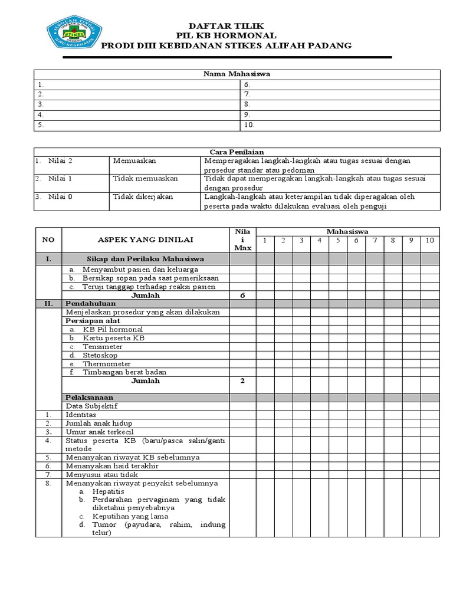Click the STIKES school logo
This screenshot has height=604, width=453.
[74, 35]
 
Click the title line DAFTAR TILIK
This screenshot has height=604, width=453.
[226, 26]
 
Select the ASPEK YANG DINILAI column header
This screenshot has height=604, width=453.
[145, 239]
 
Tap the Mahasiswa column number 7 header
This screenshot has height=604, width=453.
[375, 240]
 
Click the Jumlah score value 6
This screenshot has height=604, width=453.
[242, 295]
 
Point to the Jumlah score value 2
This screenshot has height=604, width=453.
[242, 380]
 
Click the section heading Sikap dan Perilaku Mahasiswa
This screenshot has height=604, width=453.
[145, 259]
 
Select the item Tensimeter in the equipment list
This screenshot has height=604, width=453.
[103, 347]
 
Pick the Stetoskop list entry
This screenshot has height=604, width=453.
[100, 355]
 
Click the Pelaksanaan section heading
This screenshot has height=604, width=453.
[89, 398]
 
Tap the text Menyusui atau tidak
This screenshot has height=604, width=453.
[102, 474]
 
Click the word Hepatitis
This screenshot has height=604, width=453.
[108, 491]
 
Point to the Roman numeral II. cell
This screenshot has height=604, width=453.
[48, 303]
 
